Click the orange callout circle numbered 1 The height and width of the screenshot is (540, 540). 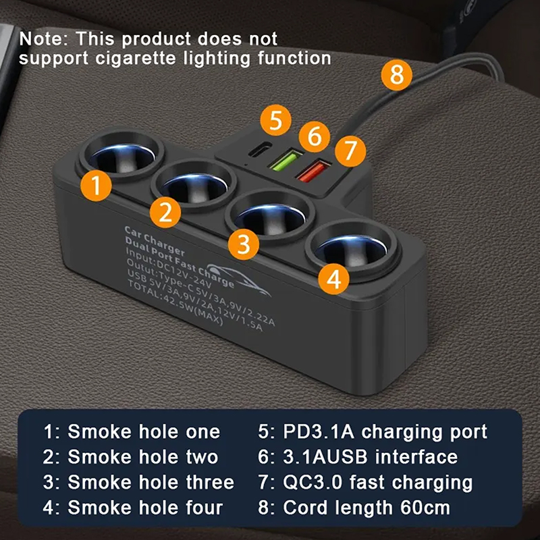click(x=96, y=186)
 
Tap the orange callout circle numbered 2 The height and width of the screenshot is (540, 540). click(x=165, y=212)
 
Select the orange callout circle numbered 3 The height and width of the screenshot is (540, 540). click(x=244, y=244)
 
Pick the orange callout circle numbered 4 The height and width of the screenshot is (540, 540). click(x=333, y=279)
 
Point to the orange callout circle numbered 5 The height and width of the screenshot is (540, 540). click(x=275, y=120)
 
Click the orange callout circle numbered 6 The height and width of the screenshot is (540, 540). click(x=314, y=136)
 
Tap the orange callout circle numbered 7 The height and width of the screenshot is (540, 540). click(x=350, y=151)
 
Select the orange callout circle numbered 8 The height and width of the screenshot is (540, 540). click(x=396, y=75)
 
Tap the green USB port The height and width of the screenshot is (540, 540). click(x=286, y=159)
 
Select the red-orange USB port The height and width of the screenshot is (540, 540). click(x=313, y=171)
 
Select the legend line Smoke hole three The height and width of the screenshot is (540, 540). click(x=138, y=482)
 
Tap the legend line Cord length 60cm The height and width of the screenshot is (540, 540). click(x=354, y=508)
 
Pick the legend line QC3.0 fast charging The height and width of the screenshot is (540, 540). click(x=365, y=483)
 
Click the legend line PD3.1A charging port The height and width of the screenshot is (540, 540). click(x=373, y=432)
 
